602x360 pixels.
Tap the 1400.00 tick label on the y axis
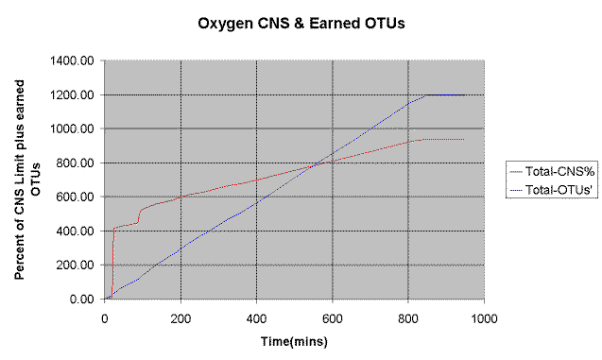(74, 60)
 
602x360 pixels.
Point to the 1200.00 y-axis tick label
(74, 94)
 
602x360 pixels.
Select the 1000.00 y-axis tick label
(74, 129)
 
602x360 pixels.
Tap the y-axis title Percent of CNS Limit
(26, 180)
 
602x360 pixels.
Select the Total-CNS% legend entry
(549, 172)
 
